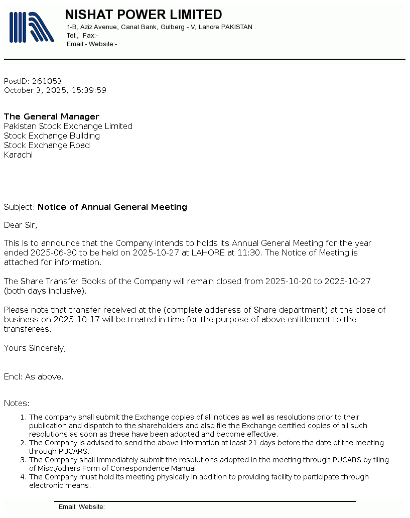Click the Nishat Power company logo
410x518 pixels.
pos(31,27)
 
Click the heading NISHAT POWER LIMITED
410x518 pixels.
pos(144,15)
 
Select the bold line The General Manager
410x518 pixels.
pos(52,117)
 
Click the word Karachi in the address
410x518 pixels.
pos(18,155)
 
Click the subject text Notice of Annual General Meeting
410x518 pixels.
pos(112,207)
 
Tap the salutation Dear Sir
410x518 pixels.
pos(21,225)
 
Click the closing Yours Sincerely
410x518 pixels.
pos(35,348)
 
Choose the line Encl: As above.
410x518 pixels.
pos(34,376)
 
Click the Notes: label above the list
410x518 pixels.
pos(17,404)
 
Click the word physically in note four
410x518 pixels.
pos(180,477)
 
